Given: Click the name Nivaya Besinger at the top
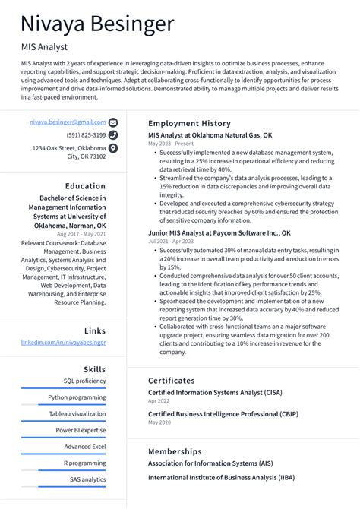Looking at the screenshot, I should [97, 24].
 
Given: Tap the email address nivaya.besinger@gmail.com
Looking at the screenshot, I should [68, 122].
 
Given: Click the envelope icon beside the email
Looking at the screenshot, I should [113, 122].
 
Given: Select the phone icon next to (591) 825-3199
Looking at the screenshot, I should [113, 135].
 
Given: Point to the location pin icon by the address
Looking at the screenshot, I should [113, 149].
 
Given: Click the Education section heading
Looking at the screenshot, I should [85, 186].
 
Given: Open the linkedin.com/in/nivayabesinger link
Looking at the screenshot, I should [63, 343].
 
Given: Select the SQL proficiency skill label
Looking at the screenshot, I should [84, 381].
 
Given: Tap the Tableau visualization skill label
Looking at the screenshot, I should [77, 413].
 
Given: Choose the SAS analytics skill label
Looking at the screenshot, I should [87, 479].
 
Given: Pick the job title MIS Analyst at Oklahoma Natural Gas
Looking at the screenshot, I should [210, 134].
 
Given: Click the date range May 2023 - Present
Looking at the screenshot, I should [171, 143].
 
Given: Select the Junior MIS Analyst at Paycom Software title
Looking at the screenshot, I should [219, 232].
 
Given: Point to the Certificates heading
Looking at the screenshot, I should [172, 380].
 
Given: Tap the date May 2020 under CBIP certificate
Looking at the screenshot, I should [159, 422].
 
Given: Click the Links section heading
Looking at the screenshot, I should [95, 330].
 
